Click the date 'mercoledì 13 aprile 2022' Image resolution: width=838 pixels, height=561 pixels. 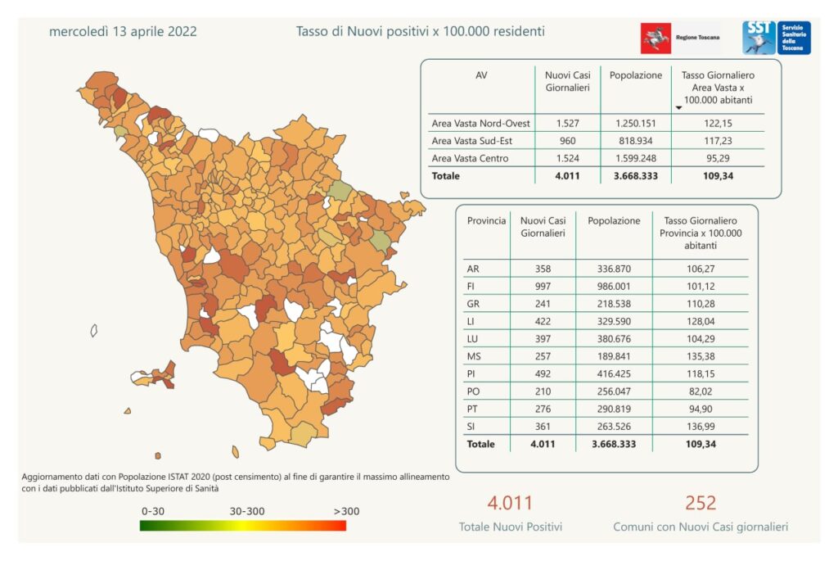[x=123, y=32]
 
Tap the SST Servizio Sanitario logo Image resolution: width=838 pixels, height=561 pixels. [x=776, y=38]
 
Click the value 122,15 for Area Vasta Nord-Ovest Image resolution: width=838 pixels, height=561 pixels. [x=718, y=124]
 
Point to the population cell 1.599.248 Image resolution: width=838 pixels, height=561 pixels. [x=635, y=158]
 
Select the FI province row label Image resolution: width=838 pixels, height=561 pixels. [x=473, y=287]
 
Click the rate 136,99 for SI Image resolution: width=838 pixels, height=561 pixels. [x=700, y=427]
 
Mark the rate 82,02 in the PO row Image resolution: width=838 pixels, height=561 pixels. [x=701, y=391]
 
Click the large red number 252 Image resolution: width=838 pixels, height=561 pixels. [x=701, y=502]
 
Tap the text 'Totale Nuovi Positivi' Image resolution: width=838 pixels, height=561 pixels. [x=510, y=527]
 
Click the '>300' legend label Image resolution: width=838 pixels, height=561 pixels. [x=345, y=511]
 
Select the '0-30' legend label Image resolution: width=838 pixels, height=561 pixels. [x=154, y=511]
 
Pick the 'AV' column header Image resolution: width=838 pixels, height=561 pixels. [x=481, y=75]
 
